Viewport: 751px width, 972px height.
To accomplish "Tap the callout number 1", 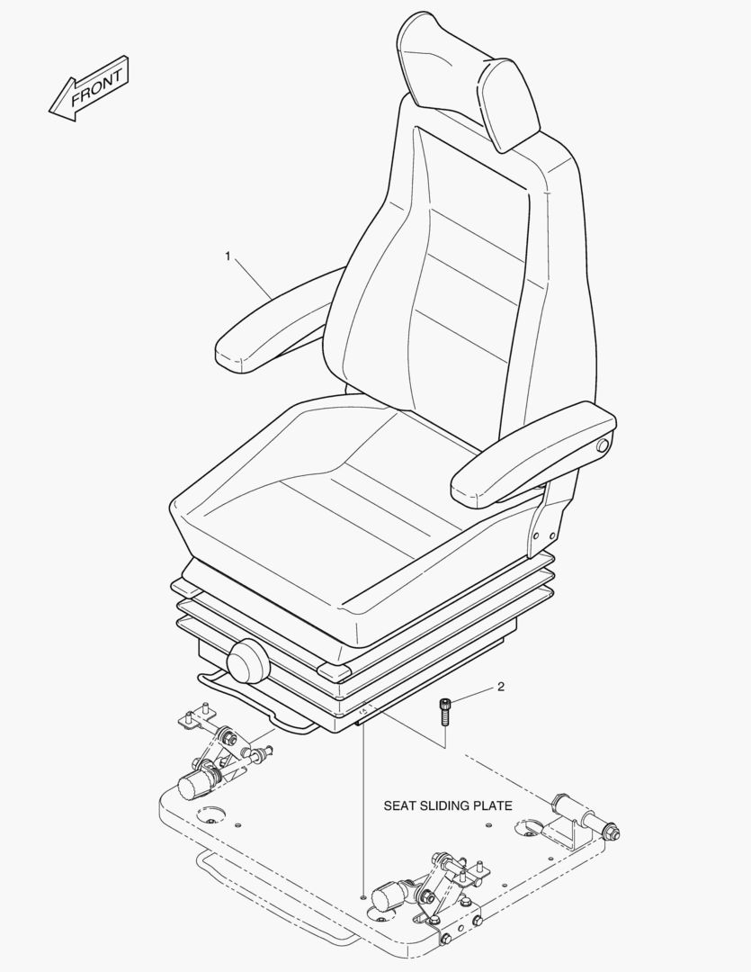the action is tap(228, 256).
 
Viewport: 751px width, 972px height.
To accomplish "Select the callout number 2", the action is tap(501, 688).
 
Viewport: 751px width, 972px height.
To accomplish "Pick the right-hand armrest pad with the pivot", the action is tap(531, 454).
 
